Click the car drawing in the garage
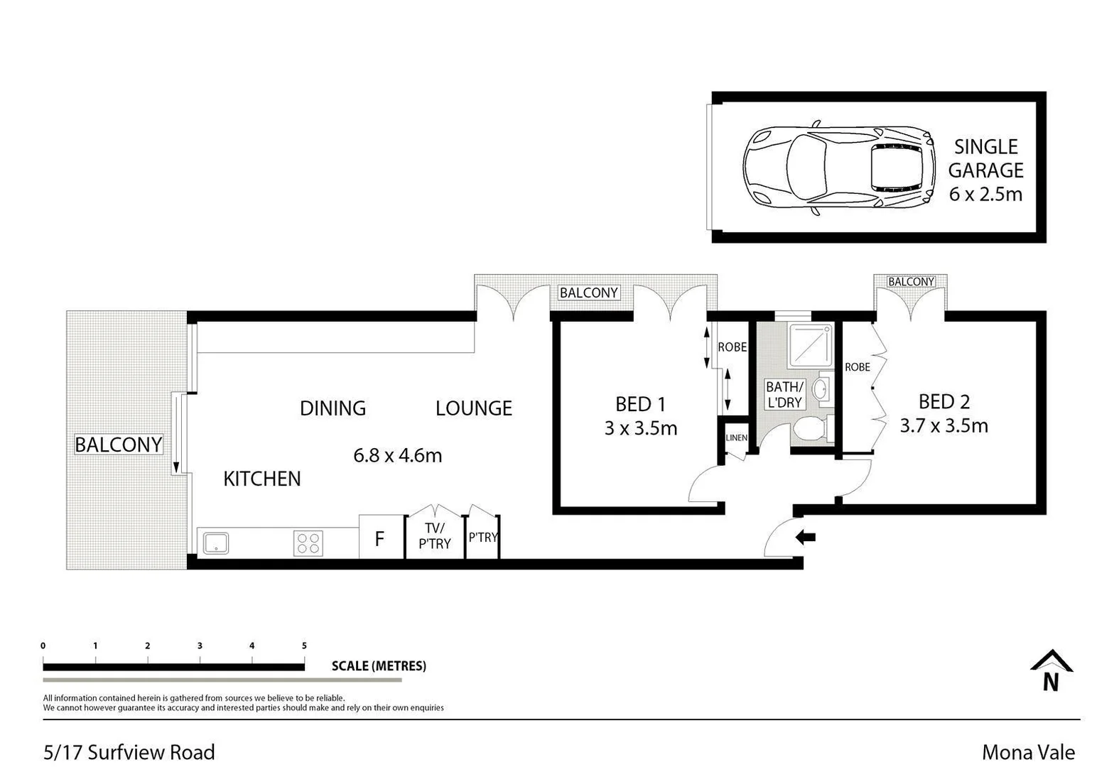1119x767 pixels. (x=838, y=168)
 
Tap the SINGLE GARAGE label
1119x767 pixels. (x=985, y=158)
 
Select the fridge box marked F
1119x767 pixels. (x=379, y=538)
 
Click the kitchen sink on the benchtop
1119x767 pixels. (x=215, y=543)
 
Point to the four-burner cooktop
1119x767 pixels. (x=308, y=543)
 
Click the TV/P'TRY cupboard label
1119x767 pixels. (x=434, y=536)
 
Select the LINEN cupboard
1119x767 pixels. (x=736, y=438)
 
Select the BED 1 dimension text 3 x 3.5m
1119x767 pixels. (x=641, y=428)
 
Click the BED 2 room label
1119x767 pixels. (x=944, y=402)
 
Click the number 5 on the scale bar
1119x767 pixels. (x=304, y=646)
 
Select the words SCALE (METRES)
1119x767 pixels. (x=379, y=666)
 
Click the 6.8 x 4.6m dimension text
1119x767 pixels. (x=397, y=455)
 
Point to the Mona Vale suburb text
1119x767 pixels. (x=1027, y=752)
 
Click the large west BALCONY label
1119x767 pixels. (x=119, y=445)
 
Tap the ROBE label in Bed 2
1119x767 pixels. (x=857, y=367)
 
